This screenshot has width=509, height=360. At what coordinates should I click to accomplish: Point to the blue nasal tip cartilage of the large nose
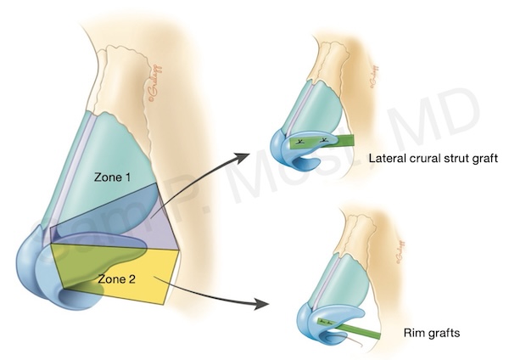click(38, 263)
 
